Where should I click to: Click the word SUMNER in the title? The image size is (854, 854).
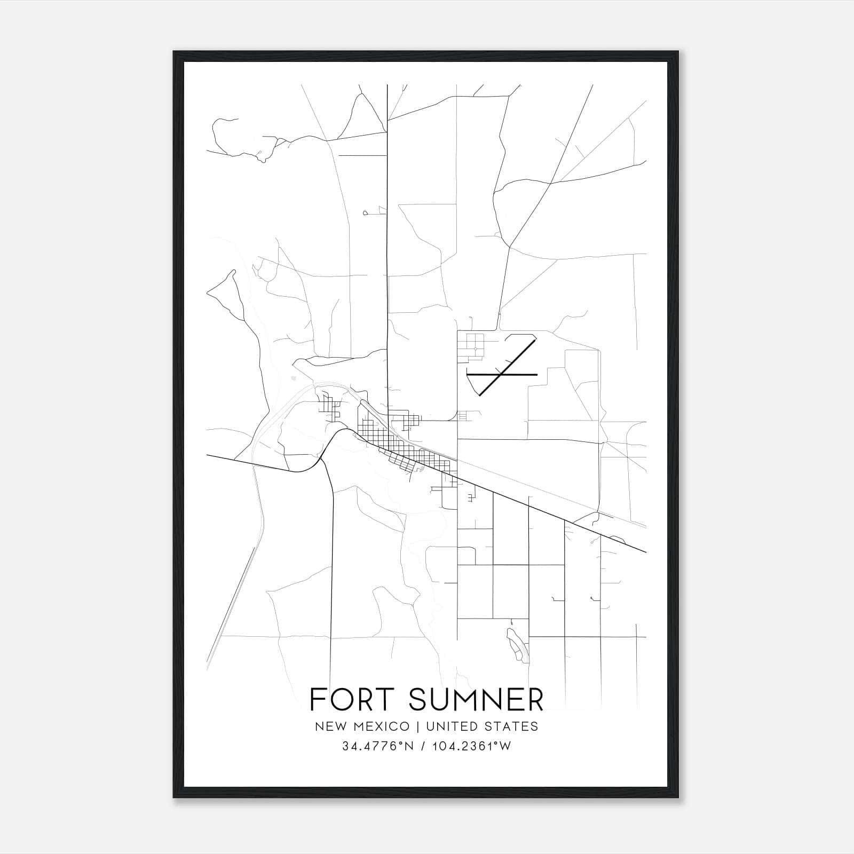(476, 700)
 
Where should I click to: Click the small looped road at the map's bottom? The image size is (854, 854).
(517, 644)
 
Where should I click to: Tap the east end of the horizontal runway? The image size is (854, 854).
(536, 375)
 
